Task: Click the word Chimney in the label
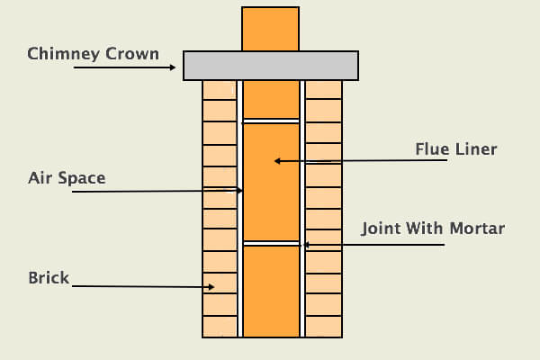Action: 64,54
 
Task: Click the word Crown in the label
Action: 132,54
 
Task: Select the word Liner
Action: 476,149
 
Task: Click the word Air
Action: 40,178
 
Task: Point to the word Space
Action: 82,179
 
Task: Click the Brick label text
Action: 49,278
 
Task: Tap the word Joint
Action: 381,229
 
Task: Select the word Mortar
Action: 477,229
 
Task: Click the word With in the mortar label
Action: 425,229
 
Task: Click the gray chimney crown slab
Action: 271,66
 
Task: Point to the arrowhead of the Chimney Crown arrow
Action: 173,67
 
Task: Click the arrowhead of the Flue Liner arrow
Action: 277,161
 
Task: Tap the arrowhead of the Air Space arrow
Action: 239,190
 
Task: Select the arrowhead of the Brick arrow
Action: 211,286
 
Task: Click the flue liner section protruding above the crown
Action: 270,29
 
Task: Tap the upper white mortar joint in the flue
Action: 271,121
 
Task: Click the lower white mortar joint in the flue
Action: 272,244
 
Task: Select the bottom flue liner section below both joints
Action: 272,292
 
